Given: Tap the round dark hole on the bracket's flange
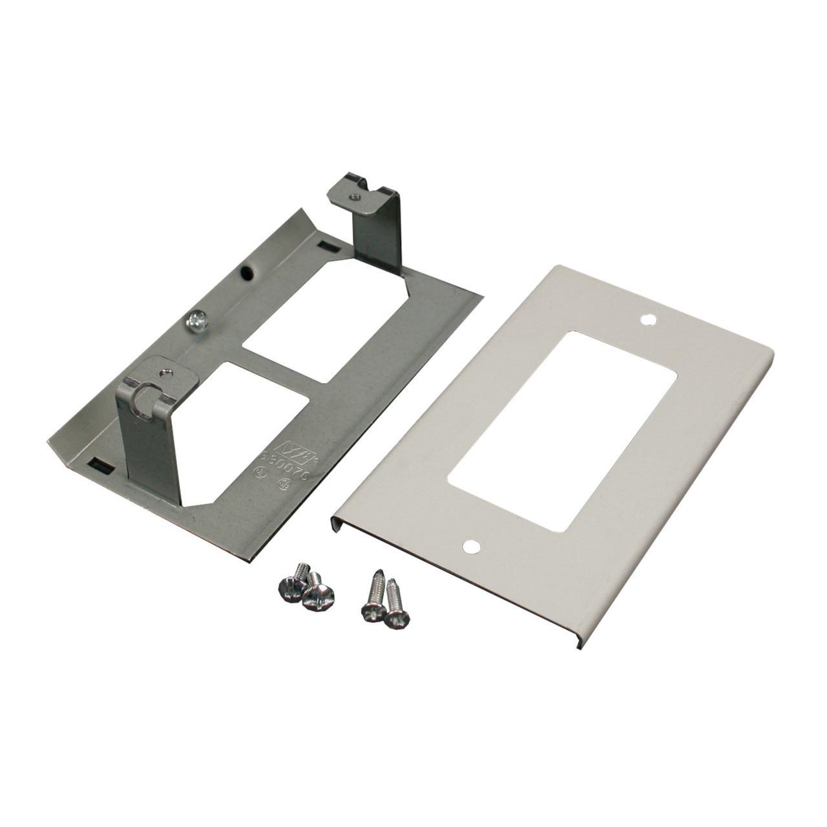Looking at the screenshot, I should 247,273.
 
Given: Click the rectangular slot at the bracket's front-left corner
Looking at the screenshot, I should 100,463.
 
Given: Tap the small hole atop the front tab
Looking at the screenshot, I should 167,372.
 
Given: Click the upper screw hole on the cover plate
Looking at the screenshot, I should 647,319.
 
